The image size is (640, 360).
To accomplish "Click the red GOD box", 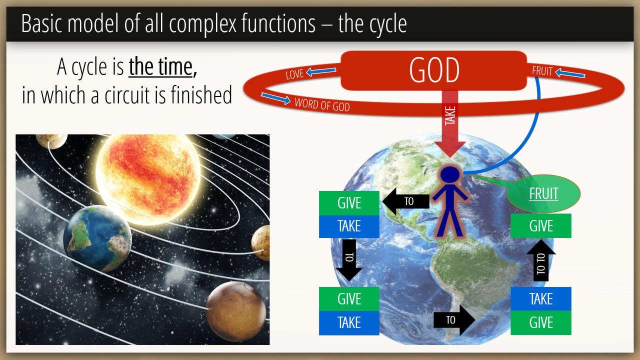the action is [433, 70].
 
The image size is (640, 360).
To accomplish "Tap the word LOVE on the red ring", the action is [294, 74].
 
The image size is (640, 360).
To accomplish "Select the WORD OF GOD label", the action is [322, 104].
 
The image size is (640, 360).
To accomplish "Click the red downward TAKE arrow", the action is [450, 123].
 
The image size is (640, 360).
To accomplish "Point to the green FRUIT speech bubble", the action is [543, 193].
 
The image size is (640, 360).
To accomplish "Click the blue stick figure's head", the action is [450, 174].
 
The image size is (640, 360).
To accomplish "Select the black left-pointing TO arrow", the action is [405, 201].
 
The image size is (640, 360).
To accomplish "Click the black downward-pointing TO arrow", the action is [349, 260].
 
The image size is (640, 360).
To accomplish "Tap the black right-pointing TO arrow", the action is [454, 320].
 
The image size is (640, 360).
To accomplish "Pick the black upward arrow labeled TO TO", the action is [541, 260].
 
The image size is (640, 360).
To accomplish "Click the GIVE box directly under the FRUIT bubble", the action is [541, 225].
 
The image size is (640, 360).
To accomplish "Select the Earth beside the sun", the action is [97, 238].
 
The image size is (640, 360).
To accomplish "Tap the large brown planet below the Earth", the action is [236, 311].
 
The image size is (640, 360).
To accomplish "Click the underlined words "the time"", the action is [160, 66].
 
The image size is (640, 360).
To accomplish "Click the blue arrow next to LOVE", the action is [321, 71].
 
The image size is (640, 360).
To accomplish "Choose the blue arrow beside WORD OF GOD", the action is [275, 98].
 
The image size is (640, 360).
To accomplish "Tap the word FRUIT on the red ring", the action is [542, 71].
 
